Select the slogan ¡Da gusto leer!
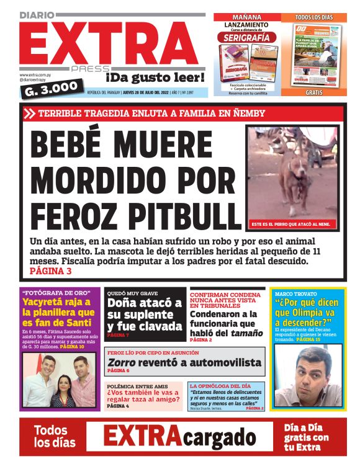coord(155,78)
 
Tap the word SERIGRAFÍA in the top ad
coord(246,37)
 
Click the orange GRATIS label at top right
coord(314,92)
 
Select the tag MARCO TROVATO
coord(295,293)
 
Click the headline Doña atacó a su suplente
coord(143,315)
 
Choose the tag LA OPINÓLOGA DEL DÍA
coord(217,386)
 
